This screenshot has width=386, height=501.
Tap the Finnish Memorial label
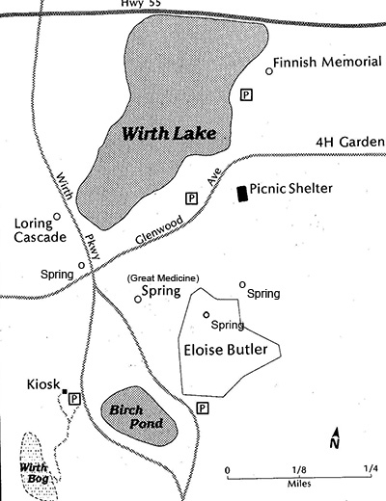click(x=322, y=63)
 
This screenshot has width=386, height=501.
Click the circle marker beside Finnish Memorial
click(x=268, y=70)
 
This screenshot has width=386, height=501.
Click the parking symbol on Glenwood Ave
click(x=191, y=198)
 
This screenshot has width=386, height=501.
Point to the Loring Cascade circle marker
click(x=57, y=217)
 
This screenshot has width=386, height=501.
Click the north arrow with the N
click(x=334, y=438)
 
